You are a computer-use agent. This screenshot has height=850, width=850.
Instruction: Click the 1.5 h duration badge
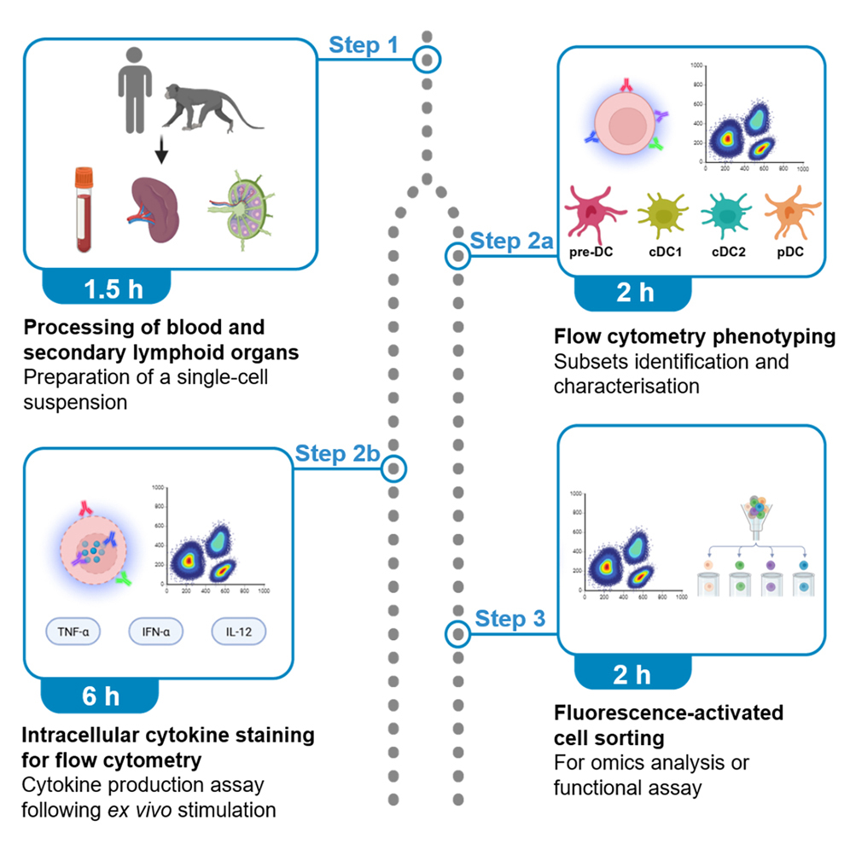pyautogui.click(x=114, y=289)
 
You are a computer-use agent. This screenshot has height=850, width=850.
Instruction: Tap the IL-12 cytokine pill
pyautogui.click(x=238, y=632)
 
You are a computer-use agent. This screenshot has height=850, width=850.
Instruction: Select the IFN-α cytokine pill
pyautogui.click(x=155, y=632)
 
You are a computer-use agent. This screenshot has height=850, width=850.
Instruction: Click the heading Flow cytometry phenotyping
pyautogui.click(x=694, y=336)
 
